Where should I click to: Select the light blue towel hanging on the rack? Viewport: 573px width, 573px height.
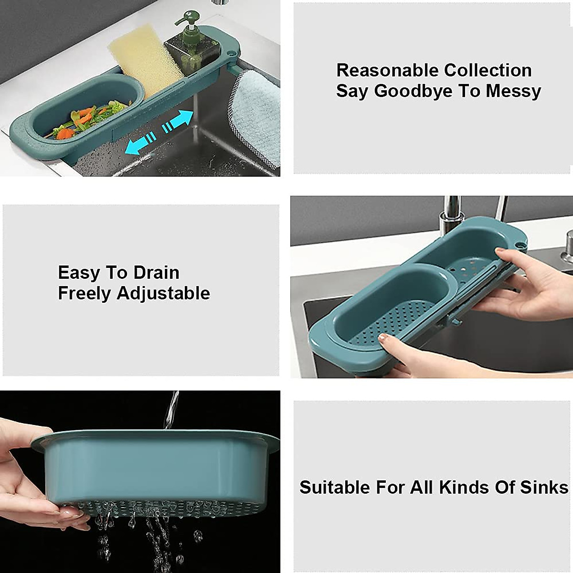point(255,115)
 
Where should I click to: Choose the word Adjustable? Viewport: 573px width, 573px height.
point(163,293)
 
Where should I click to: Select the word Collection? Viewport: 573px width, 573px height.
point(488,70)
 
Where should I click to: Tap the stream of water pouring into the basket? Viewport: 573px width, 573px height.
point(170,411)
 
